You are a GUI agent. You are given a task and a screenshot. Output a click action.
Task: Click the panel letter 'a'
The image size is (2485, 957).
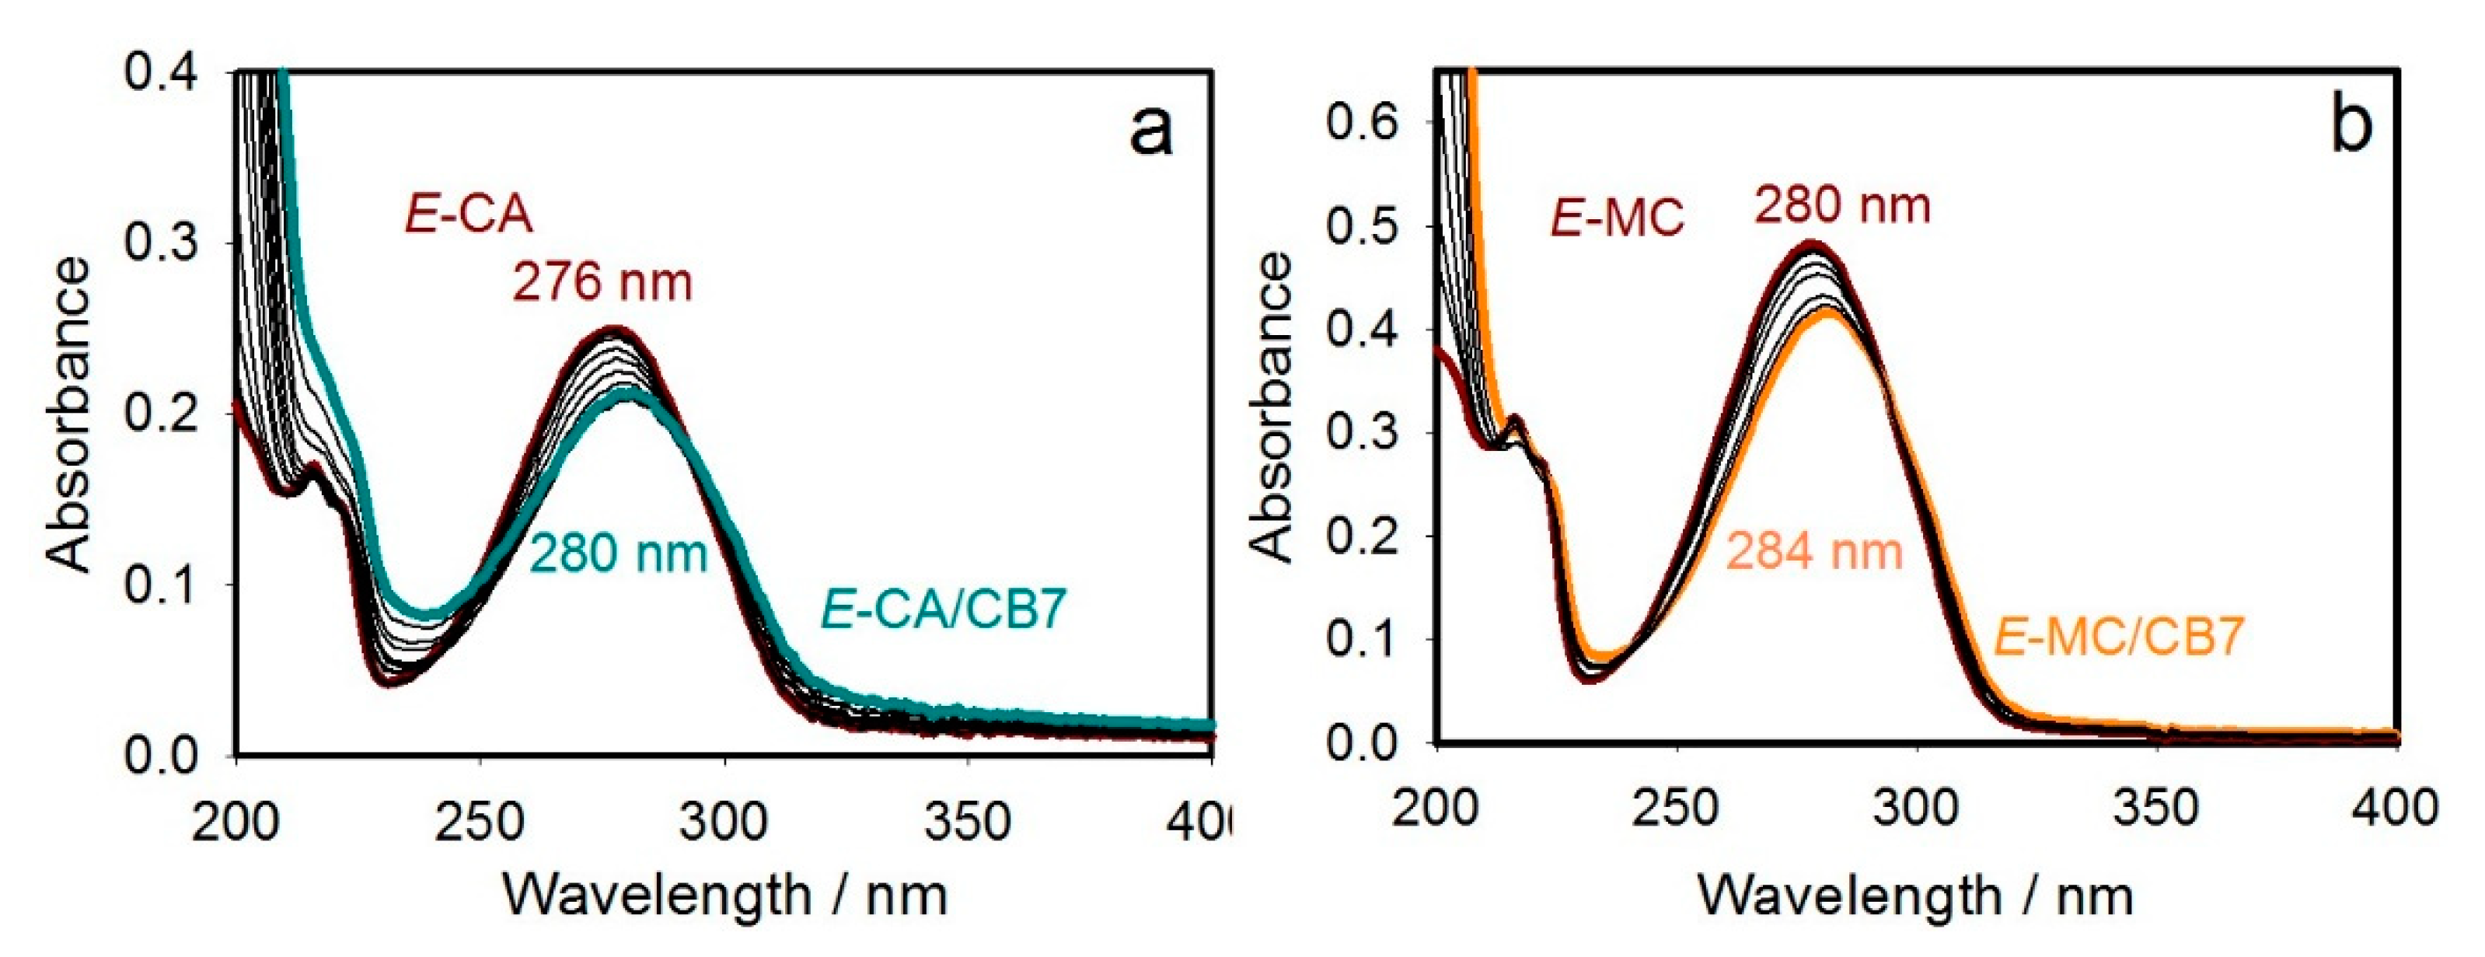click(x=1151, y=131)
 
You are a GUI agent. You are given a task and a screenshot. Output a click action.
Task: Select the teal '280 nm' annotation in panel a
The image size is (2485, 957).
click(x=619, y=554)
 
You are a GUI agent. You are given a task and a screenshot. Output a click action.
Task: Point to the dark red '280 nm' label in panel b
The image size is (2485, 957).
click(x=1842, y=205)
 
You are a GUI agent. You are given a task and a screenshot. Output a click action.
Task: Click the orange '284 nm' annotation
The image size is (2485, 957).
click(x=1813, y=552)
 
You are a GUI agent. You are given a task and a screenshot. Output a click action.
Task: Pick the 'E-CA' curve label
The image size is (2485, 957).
click(x=469, y=213)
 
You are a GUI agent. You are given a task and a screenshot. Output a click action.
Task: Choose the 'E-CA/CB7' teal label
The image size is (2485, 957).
click(x=944, y=609)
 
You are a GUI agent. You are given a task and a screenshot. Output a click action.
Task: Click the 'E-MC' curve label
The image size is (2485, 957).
click(x=1617, y=217)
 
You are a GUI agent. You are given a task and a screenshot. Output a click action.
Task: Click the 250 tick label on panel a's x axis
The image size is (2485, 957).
click(x=479, y=822)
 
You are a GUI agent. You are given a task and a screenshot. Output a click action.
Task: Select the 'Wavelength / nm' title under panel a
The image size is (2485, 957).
click(x=724, y=896)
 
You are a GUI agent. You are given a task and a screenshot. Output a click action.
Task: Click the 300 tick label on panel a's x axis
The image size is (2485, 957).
click(x=723, y=822)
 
